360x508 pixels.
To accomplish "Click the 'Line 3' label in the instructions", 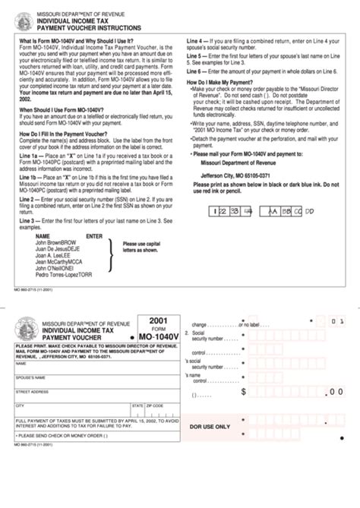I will [29, 220].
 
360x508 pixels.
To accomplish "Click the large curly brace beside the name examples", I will [113, 258].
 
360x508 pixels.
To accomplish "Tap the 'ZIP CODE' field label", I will [155, 405].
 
